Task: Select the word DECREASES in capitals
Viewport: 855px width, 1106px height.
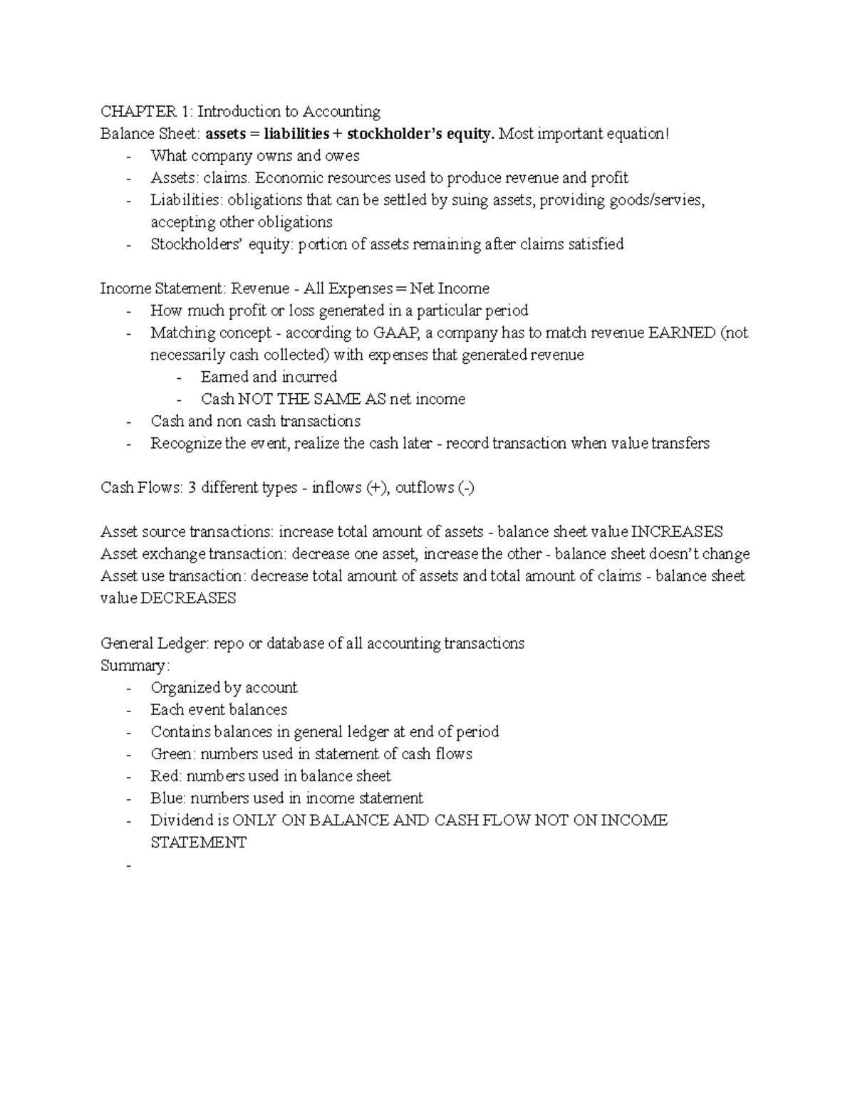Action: click(188, 598)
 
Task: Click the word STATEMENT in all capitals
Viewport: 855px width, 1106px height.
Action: click(198, 842)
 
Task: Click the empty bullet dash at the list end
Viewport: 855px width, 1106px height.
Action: click(128, 865)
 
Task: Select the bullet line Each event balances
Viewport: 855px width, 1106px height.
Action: click(219, 709)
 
